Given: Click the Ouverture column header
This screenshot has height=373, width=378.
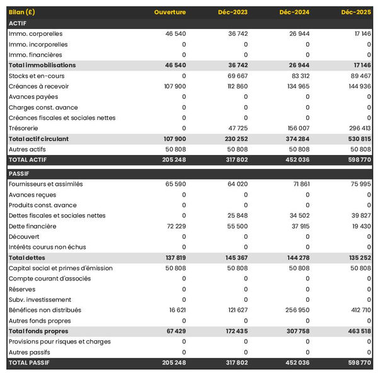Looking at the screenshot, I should click(169, 13).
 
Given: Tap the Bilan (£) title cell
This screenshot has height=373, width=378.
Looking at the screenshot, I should click(22, 13).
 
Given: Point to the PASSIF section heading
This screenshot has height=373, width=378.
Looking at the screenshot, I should click(19, 173).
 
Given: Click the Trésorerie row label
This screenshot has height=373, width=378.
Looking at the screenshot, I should click(24, 128).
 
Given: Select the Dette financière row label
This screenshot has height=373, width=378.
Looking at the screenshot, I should click(33, 226).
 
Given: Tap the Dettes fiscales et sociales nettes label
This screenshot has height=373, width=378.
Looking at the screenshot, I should click(57, 215).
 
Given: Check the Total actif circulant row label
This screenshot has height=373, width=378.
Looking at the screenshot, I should click(38, 139).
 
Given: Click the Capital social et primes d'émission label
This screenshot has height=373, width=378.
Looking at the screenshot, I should click(60, 268).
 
